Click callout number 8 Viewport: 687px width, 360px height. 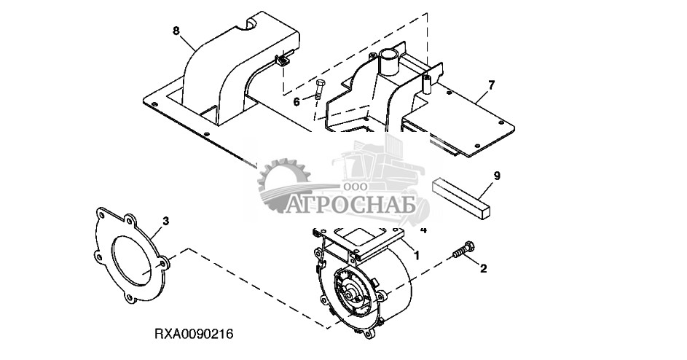(x=176, y=31)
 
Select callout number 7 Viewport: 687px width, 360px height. (x=491, y=85)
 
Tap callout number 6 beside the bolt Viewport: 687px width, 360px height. (x=297, y=101)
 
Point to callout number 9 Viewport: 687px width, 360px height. (x=497, y=176)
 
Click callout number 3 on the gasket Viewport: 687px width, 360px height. (x=166, y=219)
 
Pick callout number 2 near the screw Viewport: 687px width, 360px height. (x=482, y=268)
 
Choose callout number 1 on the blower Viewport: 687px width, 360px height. (x=416, y=255)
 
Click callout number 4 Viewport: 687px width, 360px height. (x=424, y=230)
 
